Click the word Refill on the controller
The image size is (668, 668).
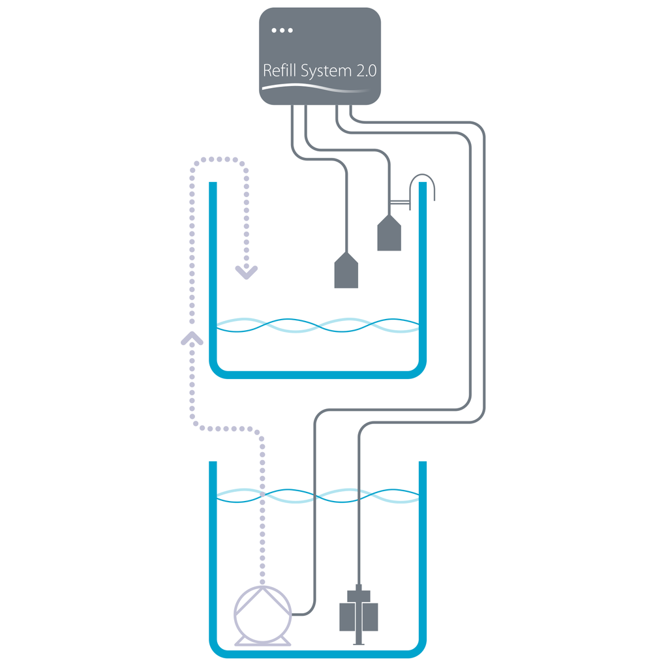(280, 70)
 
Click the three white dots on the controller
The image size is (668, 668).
(282, 30)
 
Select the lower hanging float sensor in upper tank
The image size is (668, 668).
(346, 273)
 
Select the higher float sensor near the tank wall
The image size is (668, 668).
(389, 235)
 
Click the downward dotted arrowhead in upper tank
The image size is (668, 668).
(247, 272)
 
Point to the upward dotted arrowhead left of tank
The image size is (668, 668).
(192, 337)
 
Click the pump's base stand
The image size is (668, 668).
(262, 642)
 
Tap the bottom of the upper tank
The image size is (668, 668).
(318, 374)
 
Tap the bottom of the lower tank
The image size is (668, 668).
(318, 653)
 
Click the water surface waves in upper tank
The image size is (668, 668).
(318, 325)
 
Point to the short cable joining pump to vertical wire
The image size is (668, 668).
(304, 614)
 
